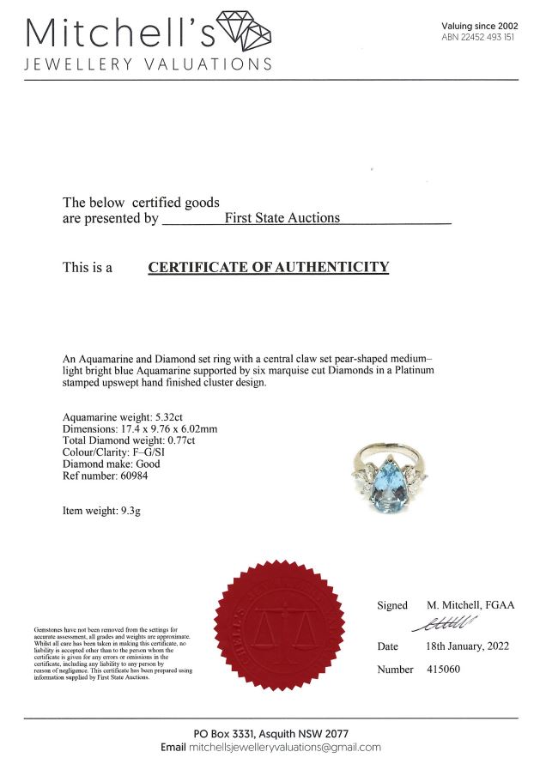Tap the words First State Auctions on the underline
click(282, 218)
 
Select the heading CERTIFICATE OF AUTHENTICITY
click(269, 267)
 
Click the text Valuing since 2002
click(480, 27)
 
